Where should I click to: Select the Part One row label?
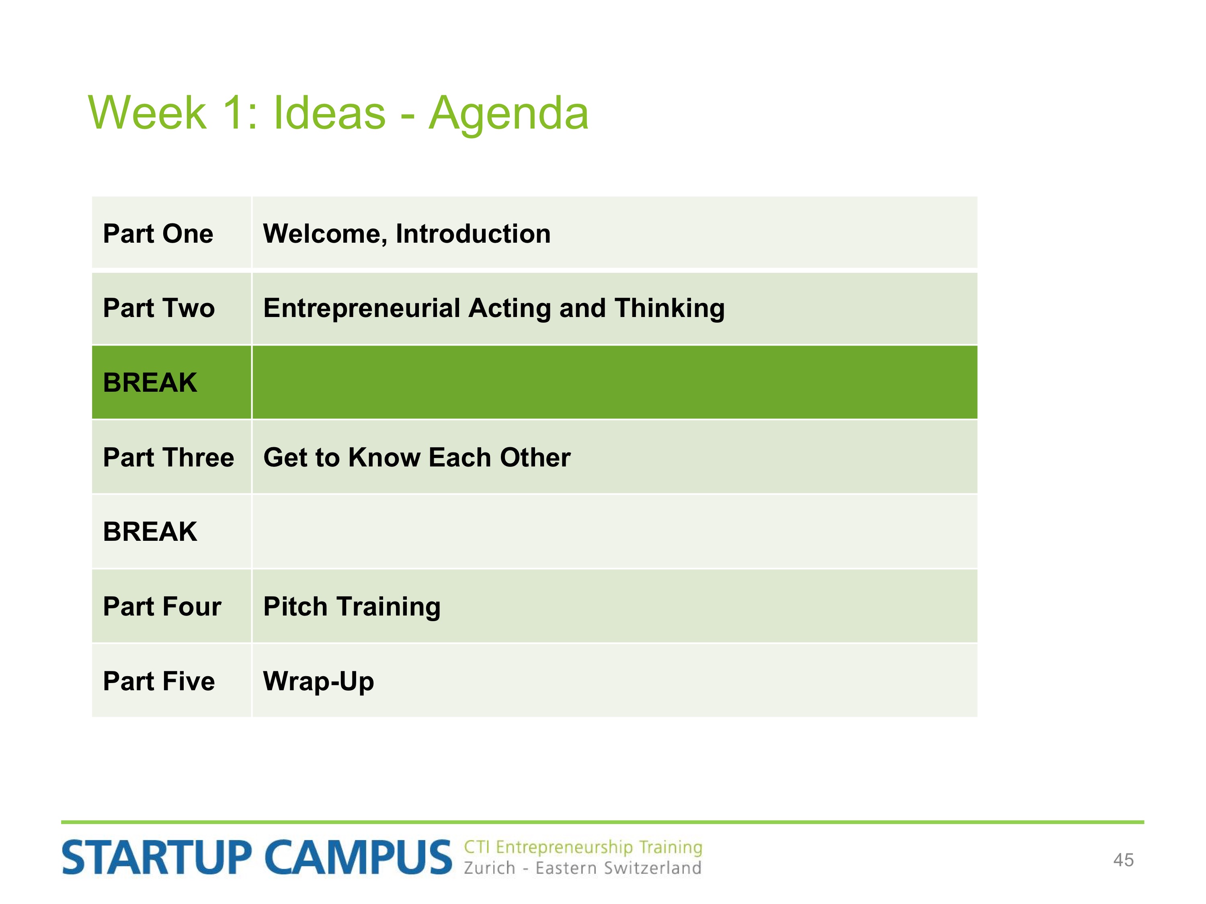[158, 234]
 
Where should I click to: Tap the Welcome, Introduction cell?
[407, 234]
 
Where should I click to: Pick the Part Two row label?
[159, 309]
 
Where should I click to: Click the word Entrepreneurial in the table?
[362, 309]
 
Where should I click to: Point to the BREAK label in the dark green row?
[150, 382]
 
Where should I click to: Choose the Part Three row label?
[168, 458]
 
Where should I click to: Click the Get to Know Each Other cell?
[417, 458]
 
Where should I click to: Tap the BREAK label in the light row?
[150, 532]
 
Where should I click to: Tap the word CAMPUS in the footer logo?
[359, 857]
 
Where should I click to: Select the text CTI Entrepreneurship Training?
[583, 847]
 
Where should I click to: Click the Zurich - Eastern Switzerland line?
[582, 868]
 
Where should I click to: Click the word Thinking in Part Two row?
[669, 309]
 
